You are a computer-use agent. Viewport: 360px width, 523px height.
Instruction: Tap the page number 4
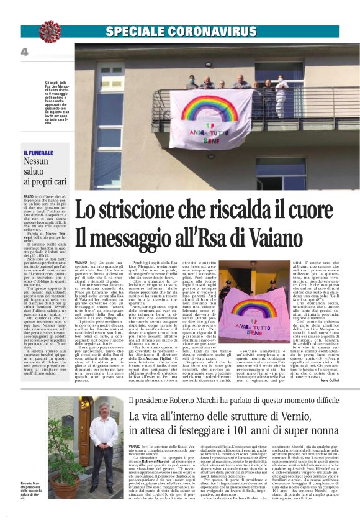[x=25, y=53]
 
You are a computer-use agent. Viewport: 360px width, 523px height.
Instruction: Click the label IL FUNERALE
[x=39, y=153]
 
